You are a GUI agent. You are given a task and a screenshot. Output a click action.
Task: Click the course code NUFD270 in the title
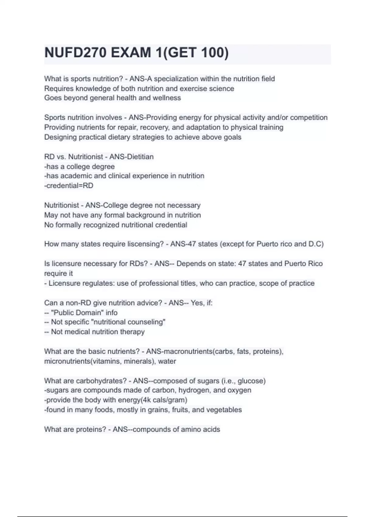point(75,53)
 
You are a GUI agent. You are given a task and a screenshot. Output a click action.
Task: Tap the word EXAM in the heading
point(131,53)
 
